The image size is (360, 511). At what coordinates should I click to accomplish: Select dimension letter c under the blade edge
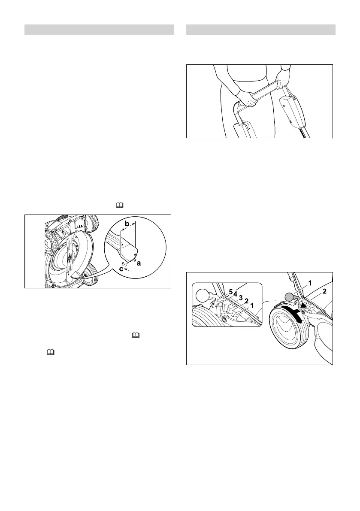pyautogui.click(x=121, y=269)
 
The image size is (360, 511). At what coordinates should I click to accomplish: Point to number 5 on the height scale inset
pyautogui.click(x=230, y=292)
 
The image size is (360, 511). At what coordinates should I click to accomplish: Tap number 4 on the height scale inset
pyautogui.click(x=236, y=294)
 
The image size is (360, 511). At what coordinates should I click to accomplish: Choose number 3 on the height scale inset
pyautogui.click(x=241, y=298)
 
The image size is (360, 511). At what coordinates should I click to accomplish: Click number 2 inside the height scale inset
pyautogui.click(x=247, y=302)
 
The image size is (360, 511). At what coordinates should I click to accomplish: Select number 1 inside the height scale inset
pyautogui.click(x=252, y=306)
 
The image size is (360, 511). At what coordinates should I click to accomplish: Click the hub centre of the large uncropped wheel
pyautogui.click(x=284, y=330)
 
